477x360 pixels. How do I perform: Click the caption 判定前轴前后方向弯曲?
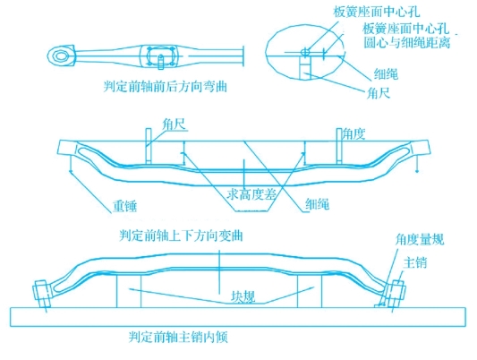(166, 87)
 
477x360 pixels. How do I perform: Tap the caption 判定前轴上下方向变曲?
(181, 236)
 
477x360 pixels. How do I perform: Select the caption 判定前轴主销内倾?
(178, 337)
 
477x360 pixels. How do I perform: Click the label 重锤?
(124, 206)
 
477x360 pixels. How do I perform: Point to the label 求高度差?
(251, 194)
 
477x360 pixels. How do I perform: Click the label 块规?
(243, 296)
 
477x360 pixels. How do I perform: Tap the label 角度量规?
(420, 240)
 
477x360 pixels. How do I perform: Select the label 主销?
(415, 262)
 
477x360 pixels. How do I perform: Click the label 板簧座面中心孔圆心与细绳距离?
(406, 36)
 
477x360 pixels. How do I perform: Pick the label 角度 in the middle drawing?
(353, 134)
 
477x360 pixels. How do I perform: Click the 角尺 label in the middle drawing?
(174, 124)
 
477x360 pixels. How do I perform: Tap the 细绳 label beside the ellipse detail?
(386, 74)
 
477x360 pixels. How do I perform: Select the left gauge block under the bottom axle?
(129, 291)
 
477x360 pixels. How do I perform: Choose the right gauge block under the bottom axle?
(309, 291)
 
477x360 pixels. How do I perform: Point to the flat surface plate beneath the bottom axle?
(238, 317)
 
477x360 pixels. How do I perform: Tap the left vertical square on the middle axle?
(149, 146)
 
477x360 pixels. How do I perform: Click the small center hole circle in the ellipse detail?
(305, 52)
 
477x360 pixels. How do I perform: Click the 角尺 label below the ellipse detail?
(379, 93)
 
